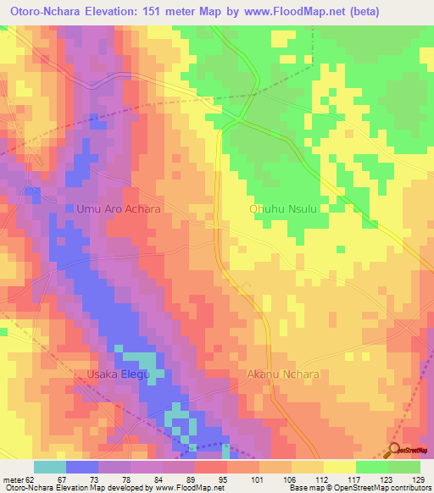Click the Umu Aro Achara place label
118,208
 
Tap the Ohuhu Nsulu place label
288,208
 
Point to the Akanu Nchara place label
282,374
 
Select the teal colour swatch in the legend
49,467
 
